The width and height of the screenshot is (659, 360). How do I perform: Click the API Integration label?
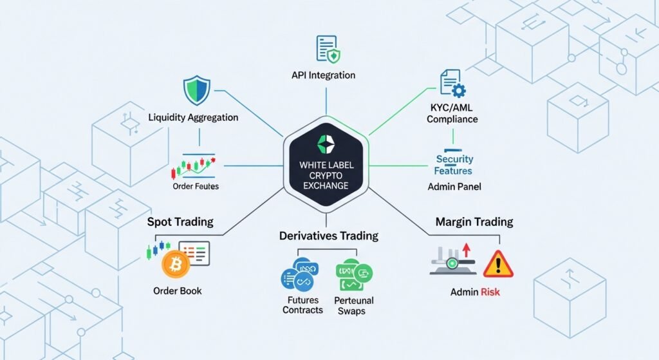[x=323, y=75]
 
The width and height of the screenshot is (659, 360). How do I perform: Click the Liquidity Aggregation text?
[x=193, y=118]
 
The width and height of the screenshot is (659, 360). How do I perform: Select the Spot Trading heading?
[x=180, y=222]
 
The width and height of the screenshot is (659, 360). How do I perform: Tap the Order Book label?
[x=178, y=290]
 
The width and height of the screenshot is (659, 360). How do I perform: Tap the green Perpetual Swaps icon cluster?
[x=354, y=275]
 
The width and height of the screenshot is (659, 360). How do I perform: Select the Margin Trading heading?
[x=474, y=222]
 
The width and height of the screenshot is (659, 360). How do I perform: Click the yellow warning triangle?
[x=498, y=265]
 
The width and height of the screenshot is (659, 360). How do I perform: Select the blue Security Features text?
[x=454, y=165]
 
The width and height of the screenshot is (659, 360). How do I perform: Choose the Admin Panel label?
[x=454, y=187]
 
